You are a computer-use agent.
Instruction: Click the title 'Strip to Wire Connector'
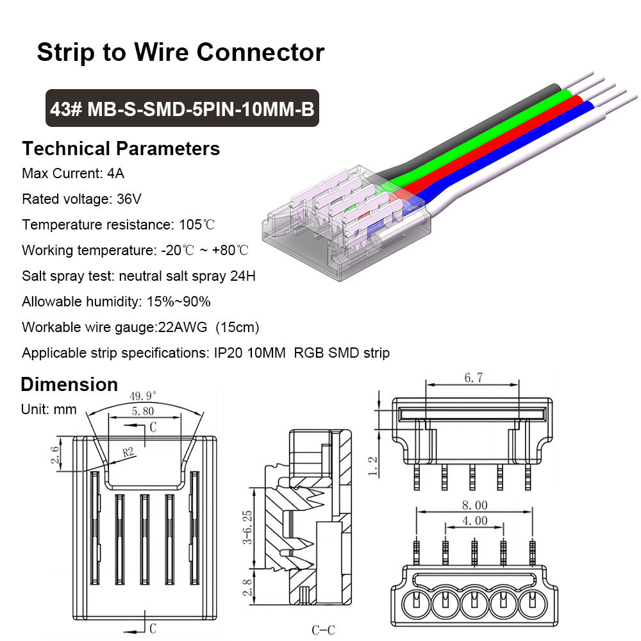click(180, 52)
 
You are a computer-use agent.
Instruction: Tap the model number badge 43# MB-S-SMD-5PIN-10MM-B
click(182, 108)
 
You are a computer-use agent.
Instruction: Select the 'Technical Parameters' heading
click(121, 149)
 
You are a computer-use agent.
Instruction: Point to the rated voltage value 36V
click(128, 199)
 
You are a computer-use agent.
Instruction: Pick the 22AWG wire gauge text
click(182, 327)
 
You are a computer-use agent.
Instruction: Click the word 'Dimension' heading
click(69, 385)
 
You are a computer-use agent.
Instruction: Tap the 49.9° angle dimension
click(143, 395)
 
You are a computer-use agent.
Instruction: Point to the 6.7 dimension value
click(473, 378)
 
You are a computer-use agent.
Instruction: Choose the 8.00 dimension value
click(474, 505)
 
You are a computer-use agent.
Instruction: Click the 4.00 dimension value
click(474, 520)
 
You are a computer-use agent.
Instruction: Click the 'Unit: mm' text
click(49, 409)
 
